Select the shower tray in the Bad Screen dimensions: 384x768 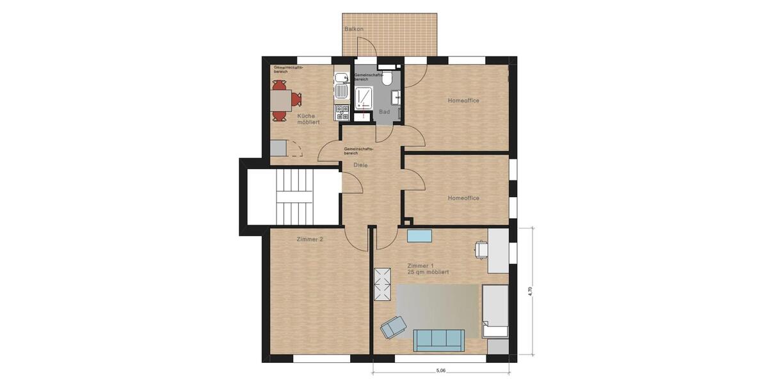pos(365,99)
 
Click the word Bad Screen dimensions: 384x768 pos(384,112)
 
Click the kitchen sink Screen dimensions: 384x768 pos(340,80)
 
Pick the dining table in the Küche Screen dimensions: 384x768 pos(279,100)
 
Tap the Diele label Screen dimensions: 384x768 pos(361,165)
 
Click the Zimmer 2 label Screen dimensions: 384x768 pos(310,239)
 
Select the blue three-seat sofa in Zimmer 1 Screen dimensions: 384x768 pos(438,339)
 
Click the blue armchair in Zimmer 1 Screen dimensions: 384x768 pos(392,328)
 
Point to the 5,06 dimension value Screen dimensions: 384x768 pos(441,370)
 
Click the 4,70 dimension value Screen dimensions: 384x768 pos(529,291)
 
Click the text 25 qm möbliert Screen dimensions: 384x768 pos(428,272)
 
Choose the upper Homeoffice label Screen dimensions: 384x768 pos(463,100)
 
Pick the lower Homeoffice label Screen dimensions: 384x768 pos(463,198)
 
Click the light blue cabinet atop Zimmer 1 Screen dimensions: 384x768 pos(419,236)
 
